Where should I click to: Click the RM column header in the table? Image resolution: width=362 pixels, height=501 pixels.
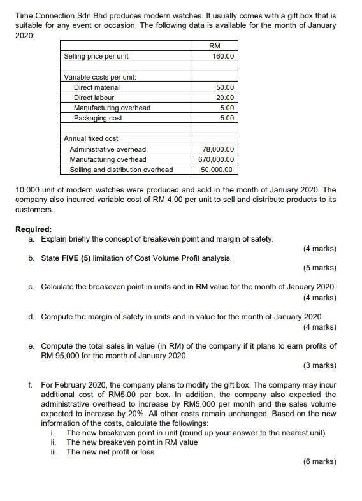[x=215, y=46]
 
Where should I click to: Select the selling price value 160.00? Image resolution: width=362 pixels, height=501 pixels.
[x=223, y=57]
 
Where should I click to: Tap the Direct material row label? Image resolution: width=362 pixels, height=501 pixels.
[x=96, y=87]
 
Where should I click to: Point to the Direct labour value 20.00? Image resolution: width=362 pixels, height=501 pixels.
[x=226, y=98]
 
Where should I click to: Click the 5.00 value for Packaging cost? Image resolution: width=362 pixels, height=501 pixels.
[x=228, y=118]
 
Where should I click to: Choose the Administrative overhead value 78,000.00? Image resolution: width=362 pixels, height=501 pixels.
[x=217, y=149]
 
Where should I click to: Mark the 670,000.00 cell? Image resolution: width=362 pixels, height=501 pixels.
[x=217, y=159]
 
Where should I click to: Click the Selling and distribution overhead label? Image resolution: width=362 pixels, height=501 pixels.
[x=121, y=170]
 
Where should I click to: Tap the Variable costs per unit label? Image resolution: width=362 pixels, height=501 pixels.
[x=100, y=77]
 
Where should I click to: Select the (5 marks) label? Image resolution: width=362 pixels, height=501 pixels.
[x=320, y=268]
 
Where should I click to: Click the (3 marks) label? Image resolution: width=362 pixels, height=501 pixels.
[x=320, y=365]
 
